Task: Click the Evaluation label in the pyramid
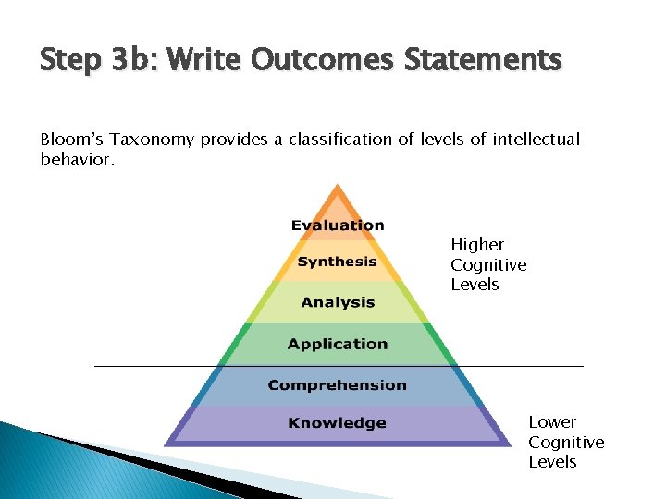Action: (x=338, y=225)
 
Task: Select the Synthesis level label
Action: (x=338, y=262)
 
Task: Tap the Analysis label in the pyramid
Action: (x=338, y=302)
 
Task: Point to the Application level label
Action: (x=338, y=344)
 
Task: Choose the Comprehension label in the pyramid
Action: (x=338, y=384)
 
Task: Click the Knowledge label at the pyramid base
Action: (x=338, y=423)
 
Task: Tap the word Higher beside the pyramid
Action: (x=477, y=245)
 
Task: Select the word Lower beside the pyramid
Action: (x=552, y=422)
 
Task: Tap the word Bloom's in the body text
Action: (x=70, y=140)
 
